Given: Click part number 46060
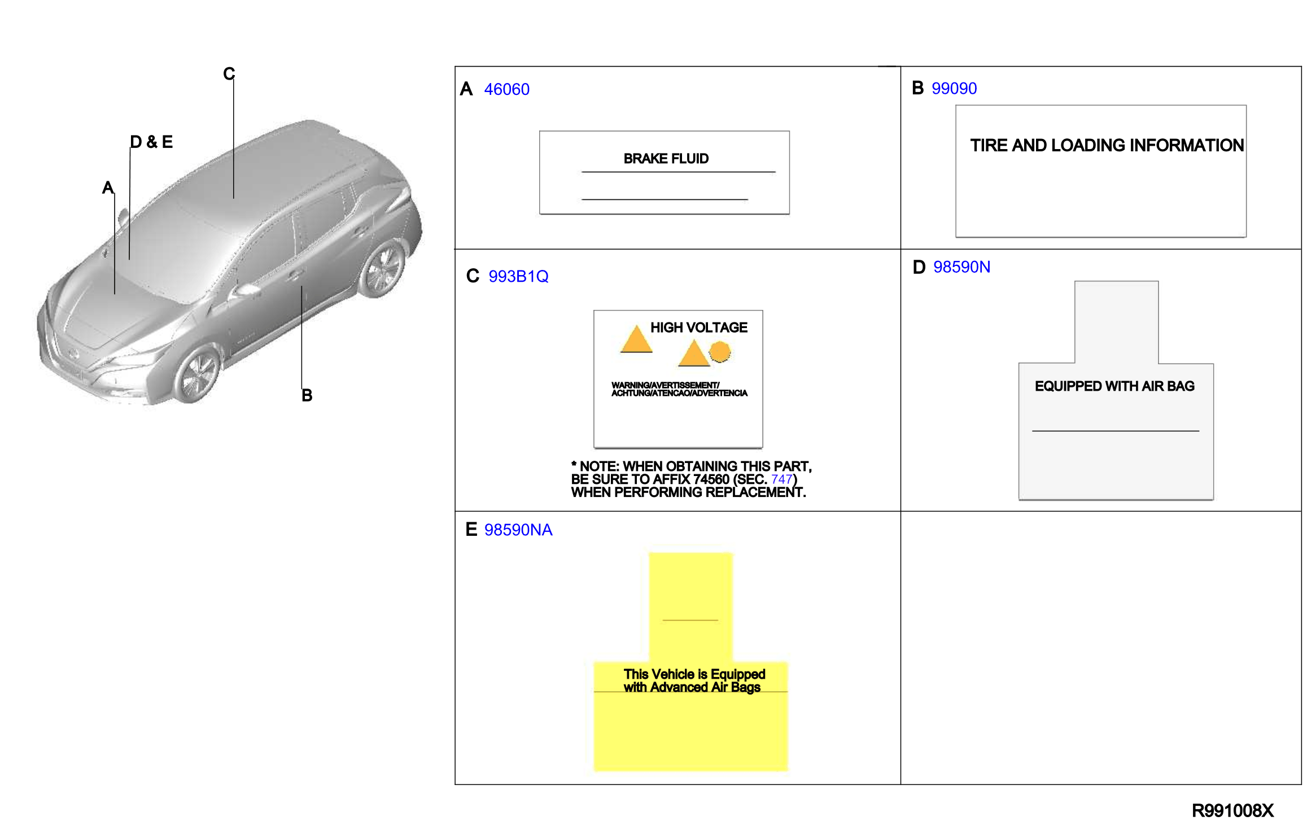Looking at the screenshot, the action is pyautogui.click(x=506, y=89).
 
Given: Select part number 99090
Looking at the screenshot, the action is pyautogui.click(x=954, y=89).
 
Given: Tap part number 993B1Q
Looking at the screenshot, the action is pyautogui.click(x=518, y=276).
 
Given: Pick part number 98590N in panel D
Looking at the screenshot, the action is pyautogui.click(x=961, y=267).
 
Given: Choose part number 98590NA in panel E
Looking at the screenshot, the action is pyautogui.click(x=518, y=530).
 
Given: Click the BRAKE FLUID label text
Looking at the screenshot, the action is pyautogui.click(x=666, y=159).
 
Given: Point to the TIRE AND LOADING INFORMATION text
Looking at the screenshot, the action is pyautogui.click(x=1107, y=145).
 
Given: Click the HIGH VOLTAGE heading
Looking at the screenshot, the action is pyautogui.click(x=698, y=328).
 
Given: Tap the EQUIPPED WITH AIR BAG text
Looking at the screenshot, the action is pyautogui.click(x=1114, y=386).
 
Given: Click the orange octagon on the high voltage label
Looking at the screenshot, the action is pyautogui.click(x=720, y=352).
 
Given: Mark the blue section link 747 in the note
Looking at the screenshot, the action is pyautogui.click(x=781, y=479).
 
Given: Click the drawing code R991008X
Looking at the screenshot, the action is pyautogui.click(x=1232, y=811).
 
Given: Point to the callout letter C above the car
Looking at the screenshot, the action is pyautogui.click(x=229, y=74).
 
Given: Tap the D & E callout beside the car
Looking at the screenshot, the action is pyautogui.click(x=151, y=142).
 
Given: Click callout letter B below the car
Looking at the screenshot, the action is pyautogui.click(x=307, y=395).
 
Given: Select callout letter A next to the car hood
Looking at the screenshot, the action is pyautogui.click(x=108, y=187).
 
